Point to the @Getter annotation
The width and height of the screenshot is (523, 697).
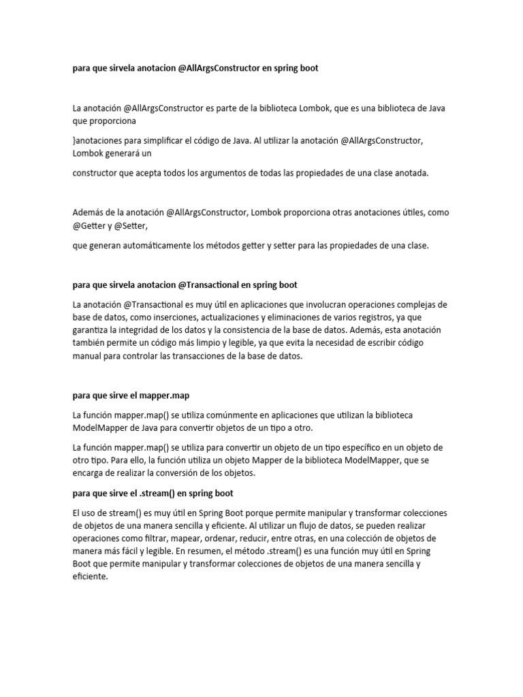click(90, 225)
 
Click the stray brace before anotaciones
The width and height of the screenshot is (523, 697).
click(74, 140)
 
